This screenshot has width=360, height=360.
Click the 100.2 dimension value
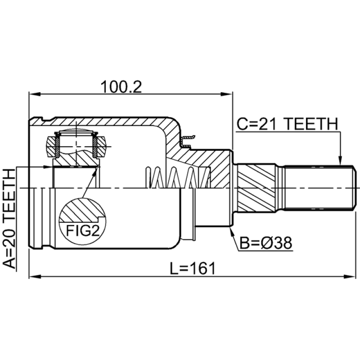coord(121,86)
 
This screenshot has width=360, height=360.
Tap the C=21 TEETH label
coord(287,123)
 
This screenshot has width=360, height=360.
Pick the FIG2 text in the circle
coord(82,230)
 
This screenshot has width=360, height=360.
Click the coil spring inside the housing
coord(178,178)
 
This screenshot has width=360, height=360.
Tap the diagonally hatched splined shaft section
coord(259,188)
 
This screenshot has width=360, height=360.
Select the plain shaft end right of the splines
coord(319,188)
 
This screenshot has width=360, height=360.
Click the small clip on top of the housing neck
coord(187,138)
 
